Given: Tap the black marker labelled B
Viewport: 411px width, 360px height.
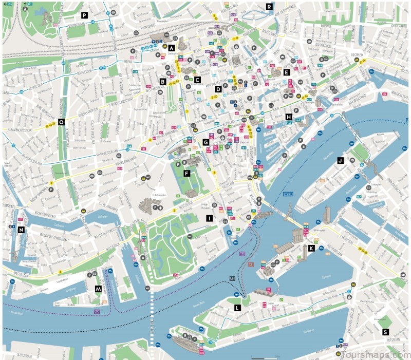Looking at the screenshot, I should pyautogui.click(x=163, y=81).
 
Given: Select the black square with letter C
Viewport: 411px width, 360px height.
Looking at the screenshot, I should pyautogui.click(x=197, y=79).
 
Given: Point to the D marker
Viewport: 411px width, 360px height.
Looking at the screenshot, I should pyautogui.click(x=218, y=89).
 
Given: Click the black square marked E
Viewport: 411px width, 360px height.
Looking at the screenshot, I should pyautogui.click(x=286, y=72).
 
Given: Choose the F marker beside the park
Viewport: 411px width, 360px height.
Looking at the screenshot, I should pyautogui.click(x=186, y=174).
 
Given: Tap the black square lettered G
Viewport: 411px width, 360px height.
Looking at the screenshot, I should pyautogui.click(x=206, y=142).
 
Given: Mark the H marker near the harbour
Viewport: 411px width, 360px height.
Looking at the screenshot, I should pyautogui.click(x=289, y=117).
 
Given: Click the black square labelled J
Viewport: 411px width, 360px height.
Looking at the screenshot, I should pyautogui.click(x=340, y=160).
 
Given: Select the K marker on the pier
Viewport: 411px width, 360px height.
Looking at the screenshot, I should pyautogui.click(x=311, y=248).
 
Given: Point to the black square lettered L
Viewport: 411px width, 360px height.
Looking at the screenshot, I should pyautogui.click(x=237, y=308).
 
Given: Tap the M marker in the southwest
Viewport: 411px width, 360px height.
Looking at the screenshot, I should pyautogui.click(x=98, y=289).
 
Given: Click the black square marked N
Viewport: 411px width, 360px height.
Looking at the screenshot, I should pyautogui.click(x=21, y=230).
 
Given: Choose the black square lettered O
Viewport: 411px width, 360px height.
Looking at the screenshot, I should pyautogui.click(x=61, y=122).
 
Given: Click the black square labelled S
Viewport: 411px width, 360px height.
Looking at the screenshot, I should pyautogui.click(x=385, y=332).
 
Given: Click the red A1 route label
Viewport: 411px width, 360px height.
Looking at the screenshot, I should pyautogui.click(x=251, y=264).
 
